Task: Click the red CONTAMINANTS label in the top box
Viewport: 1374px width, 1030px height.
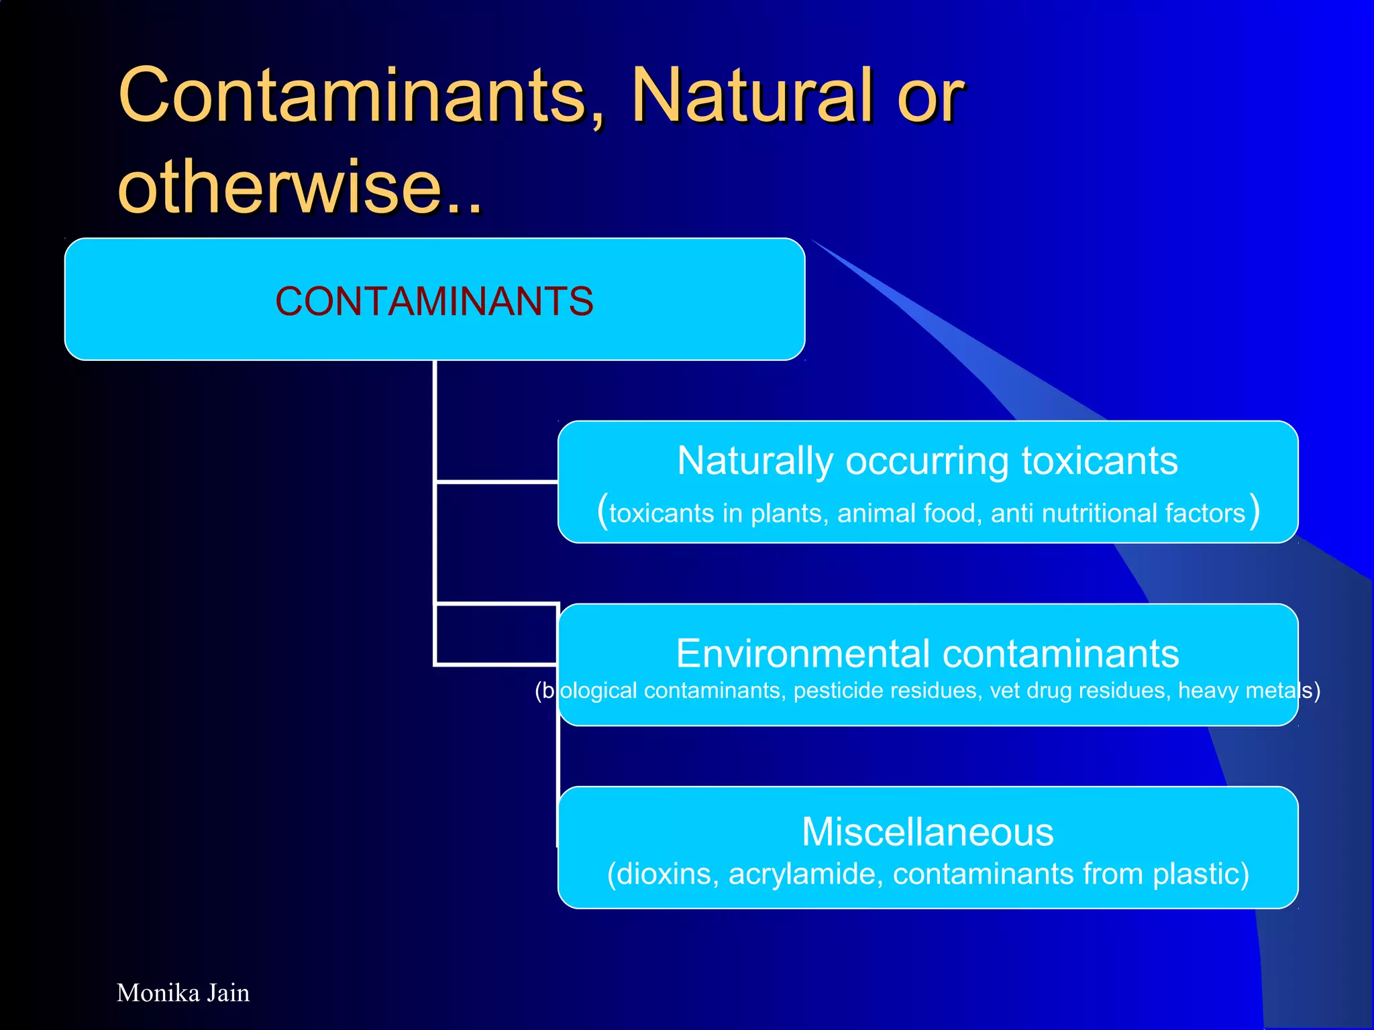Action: click(x=434, y=301)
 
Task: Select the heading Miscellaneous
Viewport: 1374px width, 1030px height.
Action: click(x=928, y=832)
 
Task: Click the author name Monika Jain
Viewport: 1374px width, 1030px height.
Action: click(x=183, y=993)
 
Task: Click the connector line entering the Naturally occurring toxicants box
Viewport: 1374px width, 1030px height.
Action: click(x=496, y=481)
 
